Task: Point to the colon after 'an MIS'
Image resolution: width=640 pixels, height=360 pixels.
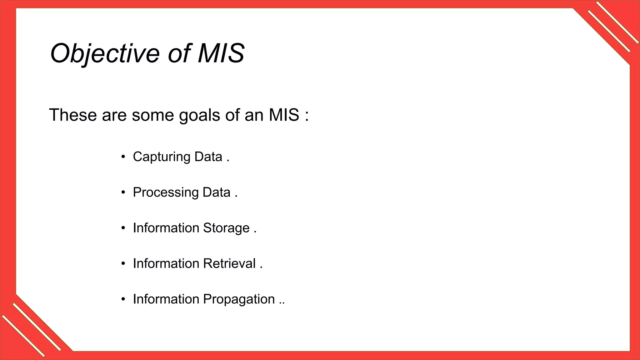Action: pos(307,115)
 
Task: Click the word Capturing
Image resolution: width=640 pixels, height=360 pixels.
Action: pos(161,157)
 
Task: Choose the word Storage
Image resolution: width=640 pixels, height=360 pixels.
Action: pos(226,228)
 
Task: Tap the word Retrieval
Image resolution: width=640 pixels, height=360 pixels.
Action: pos(229,263)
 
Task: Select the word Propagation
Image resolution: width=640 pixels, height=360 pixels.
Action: pos(239,299)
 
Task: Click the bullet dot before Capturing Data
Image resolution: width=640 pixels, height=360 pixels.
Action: pos(123,157)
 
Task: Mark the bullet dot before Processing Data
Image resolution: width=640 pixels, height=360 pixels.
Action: pos(123,192)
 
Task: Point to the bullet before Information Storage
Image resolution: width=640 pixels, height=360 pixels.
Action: pos(123,228)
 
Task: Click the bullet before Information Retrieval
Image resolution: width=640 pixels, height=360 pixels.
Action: pos(123,263)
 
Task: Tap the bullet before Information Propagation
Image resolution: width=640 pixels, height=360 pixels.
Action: pos(123,299)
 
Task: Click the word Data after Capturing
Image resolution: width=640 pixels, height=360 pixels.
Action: pos(208,157)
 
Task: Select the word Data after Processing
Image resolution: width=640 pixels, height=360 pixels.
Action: pos(216,192)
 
